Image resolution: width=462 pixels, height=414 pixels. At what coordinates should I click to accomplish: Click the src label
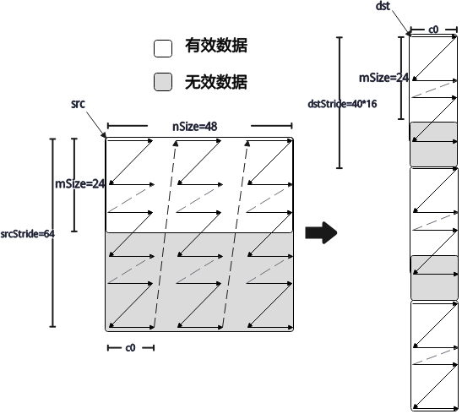(78, 104)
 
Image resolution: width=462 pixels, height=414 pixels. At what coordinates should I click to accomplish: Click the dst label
(383, 6)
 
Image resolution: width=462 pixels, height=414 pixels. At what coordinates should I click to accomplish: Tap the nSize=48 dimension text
(195, 127)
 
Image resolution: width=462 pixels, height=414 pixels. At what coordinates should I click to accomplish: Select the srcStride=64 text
(27, 234)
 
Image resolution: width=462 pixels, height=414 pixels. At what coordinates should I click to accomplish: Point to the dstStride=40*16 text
(342, 104)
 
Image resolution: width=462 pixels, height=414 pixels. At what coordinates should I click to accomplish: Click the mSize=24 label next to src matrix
(80, 184)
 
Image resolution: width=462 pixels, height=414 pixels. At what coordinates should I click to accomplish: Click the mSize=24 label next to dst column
(383, 78)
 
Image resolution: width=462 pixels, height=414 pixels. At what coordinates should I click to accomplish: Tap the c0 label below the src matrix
(130, 348)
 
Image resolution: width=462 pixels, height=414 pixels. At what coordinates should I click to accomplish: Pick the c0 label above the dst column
(433, 30)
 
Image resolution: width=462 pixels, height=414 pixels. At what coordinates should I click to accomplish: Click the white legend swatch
(163, 48)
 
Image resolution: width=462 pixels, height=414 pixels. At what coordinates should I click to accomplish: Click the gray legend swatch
(163, 82)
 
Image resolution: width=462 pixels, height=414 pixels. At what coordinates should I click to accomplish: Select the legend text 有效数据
(216, 46)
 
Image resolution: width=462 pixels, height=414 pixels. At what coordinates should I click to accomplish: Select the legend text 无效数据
(216, 82)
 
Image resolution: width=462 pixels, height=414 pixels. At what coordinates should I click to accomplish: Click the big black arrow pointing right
(321, 233)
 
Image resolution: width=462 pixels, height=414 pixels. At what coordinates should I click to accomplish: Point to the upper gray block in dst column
(434, 144)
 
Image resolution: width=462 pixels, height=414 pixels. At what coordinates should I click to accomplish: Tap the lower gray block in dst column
(434, 278)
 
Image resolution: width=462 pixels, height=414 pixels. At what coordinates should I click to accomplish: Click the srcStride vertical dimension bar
(52, 232)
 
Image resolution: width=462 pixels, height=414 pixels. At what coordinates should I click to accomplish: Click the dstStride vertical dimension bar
(340, 102)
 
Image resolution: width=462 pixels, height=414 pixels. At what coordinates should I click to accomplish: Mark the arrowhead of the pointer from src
(104, 136)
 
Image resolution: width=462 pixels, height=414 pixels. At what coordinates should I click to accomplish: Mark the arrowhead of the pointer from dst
(408, 33)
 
